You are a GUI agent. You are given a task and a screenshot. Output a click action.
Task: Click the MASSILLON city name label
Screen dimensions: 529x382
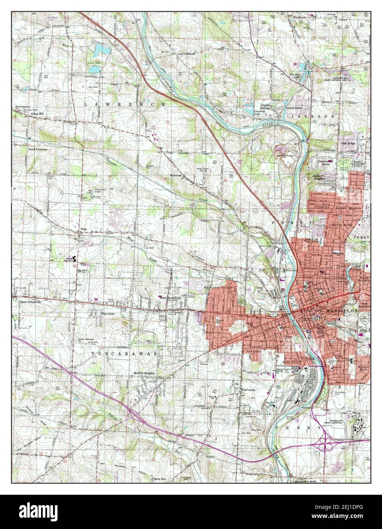click(342, 311)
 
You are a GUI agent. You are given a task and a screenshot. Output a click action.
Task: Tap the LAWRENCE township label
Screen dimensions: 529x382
click(125, 104)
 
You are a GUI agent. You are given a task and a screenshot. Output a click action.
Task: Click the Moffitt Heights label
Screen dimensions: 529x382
click(144, 373)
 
